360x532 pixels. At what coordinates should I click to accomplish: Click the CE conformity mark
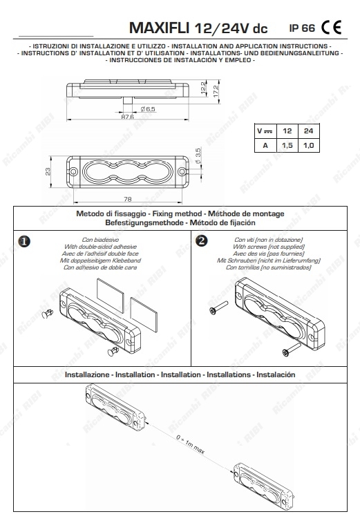(x=331, y=28)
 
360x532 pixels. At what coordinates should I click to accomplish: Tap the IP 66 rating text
(x=302, y=28)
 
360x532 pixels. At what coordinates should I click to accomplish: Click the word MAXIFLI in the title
(x=159, y=28)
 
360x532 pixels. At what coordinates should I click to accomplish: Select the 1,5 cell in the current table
(x=287, y=146)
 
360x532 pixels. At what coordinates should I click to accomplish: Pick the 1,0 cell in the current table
(x=308, y=146)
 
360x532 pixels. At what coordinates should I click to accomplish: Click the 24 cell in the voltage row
(x=308, y=131)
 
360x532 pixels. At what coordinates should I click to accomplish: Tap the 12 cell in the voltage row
(x=287, y=131)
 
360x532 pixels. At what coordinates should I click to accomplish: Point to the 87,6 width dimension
(x=128, y=117)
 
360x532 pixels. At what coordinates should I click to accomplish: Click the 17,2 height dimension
(x=216, y=91)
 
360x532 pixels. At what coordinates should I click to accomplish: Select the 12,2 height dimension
(x=204, y=88)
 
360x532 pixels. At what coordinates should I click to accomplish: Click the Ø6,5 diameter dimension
(x=148, y=109)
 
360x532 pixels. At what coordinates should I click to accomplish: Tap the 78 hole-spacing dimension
(x=128, y=199)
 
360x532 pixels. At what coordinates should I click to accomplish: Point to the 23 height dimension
(x=48, y=171)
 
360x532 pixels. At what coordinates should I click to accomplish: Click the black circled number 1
(x=24, y=242)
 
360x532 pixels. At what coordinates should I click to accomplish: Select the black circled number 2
(x=202, y=241)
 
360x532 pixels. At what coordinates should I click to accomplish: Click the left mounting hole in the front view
(x=73, y=171)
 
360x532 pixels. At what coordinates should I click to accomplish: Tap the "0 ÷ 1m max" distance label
(x=190, y=444)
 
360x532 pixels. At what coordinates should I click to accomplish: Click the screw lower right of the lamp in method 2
(x=292, y=349)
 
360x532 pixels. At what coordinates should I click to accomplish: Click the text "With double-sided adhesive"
(x=100, y=247)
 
